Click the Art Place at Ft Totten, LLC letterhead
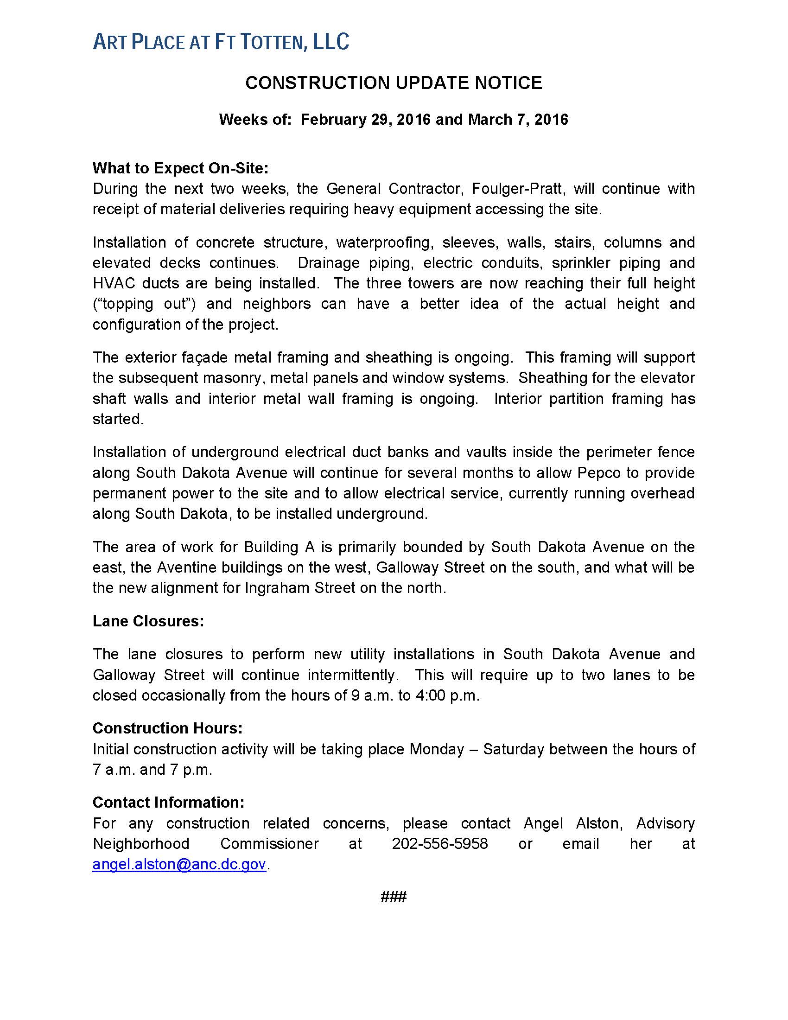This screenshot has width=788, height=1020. pos(221,42)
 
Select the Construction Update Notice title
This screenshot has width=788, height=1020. pos(394,83)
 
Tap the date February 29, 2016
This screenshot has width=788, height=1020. pos(365,120)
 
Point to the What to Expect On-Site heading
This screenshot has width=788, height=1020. pos(180,168)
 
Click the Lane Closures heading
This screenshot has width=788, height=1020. pos(148,621)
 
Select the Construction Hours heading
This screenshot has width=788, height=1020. pos(167,728)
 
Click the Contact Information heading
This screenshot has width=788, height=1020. pos(168,803)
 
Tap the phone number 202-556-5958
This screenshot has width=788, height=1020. pos(440,843)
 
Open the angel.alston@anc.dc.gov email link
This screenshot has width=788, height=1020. pos(179,864)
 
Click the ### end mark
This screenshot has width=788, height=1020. pos(394,897)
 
